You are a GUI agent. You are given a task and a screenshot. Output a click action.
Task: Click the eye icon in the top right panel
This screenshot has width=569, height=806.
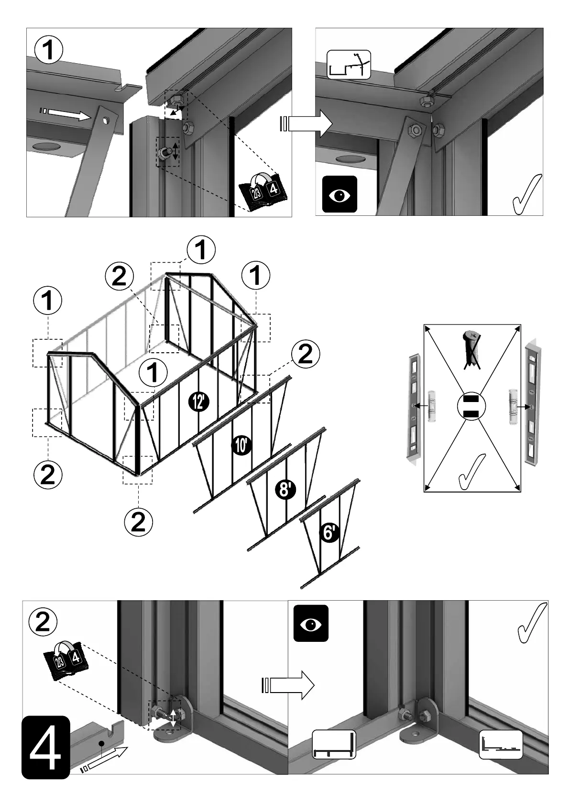point(339,194)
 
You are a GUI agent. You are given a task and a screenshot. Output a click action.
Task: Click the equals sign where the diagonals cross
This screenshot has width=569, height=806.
point(471,407)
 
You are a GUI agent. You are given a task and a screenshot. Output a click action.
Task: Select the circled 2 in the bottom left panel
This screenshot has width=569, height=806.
point(43,621)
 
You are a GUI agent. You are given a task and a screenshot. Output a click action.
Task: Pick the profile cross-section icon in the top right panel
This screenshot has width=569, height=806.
point(349,65)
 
